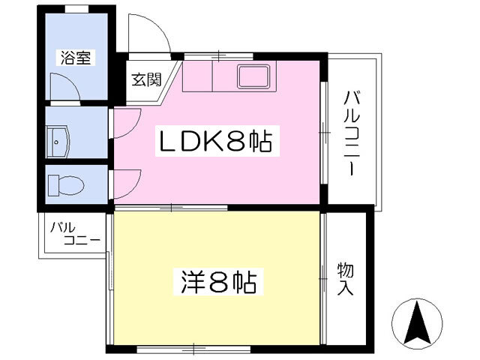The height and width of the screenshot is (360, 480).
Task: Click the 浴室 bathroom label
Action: point(77,57)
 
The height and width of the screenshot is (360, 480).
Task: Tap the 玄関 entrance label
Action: point(147,78)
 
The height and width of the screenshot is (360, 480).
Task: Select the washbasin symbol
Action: point(59,139)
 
